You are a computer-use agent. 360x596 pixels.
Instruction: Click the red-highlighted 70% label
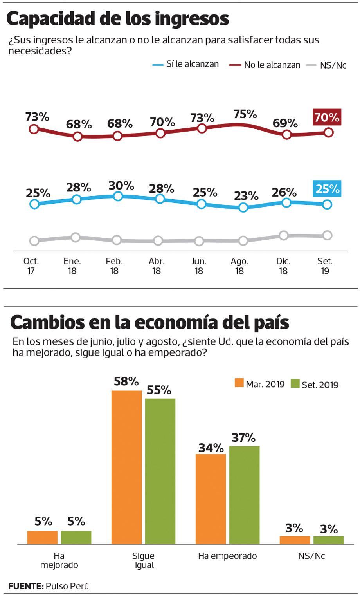(x=327, y=117)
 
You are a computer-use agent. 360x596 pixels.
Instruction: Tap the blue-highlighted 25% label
(x=327, y=189)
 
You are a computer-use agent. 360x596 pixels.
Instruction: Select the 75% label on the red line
(x=245, y=114)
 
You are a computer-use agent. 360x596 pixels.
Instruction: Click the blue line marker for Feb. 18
(x=118, y=196)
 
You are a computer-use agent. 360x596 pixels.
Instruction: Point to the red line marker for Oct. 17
(x=34, y=129)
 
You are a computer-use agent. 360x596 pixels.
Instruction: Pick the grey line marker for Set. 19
(x=328, y=235)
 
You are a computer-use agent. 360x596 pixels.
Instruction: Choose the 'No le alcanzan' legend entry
(x=265, y=65)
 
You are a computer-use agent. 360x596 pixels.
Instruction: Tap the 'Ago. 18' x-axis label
(x=239, y=266)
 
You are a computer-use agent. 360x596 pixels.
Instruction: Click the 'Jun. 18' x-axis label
(x=199, y=266)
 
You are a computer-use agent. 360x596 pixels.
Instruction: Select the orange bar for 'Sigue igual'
(x=126, y=467)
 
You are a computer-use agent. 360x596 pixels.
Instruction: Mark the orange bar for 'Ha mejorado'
(x=42, y=537)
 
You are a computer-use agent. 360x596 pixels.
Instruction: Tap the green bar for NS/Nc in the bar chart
(x=328, y=540)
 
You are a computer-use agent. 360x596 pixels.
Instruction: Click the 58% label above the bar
(x=126, y=381)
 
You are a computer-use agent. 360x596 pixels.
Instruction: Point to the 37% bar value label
(x=243, y=437)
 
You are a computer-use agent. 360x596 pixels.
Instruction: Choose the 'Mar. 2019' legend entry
(x=260, y=384)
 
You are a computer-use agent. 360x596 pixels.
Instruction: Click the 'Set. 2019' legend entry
(x=315, y=385)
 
